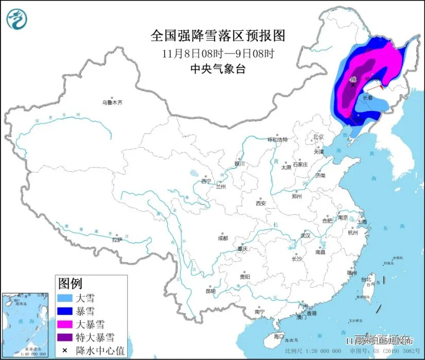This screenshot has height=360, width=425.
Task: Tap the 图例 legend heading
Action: tap(70, 283)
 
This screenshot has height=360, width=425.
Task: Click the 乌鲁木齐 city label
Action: tap(112, 103)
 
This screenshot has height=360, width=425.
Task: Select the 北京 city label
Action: tap(318, 137)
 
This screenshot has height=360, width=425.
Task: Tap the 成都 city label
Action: tap(222, 238)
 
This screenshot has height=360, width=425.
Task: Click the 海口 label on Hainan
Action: tap(278, 336)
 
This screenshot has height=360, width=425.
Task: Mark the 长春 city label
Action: tap(368, 97)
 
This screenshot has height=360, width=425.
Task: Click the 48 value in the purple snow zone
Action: tap(353, 80)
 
